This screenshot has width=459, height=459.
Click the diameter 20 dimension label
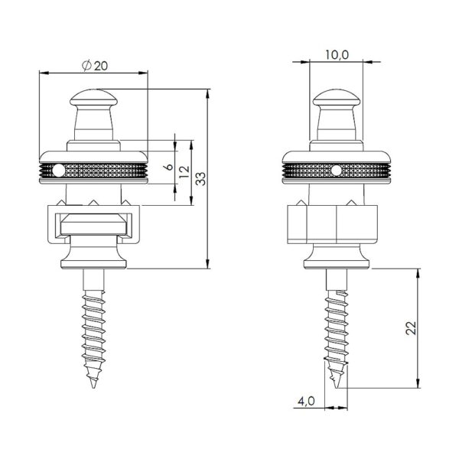click(95, 66)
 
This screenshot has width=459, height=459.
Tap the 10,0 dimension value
click(337, 55)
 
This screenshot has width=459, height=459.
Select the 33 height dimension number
click(200, 178)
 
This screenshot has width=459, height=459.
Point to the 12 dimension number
click(184, 172)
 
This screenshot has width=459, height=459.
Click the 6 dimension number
click(169, 167)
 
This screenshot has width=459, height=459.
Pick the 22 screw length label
click(410, 328)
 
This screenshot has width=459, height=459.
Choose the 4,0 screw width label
click(306, 401)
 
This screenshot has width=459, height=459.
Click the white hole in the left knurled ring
click(59, 171)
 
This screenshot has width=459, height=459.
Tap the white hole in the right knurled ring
click(337, 171)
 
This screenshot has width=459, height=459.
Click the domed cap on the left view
click(93, 99)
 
